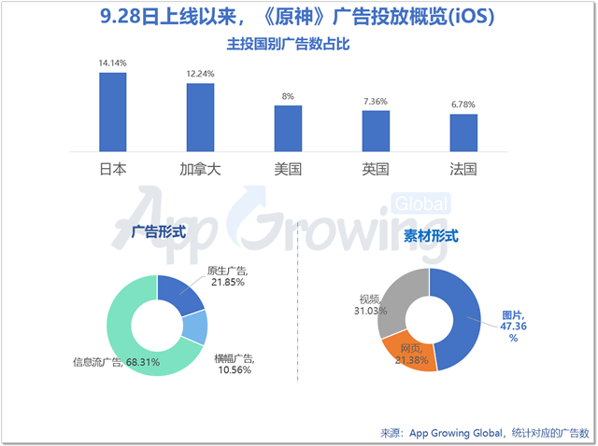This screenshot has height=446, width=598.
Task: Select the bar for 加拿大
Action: tap(200, 118)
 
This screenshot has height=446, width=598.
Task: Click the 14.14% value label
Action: tap(112, 63)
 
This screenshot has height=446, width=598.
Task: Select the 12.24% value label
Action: tap(200, 74)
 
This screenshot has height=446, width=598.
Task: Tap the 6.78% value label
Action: tap(463, 105)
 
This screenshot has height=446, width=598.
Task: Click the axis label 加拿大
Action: tap(200, 170)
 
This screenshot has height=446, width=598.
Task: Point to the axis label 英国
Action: tap(376, 170)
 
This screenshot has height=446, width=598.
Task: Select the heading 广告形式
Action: tap(158, 230)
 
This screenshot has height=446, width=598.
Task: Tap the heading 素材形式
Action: tap(431, 236)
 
